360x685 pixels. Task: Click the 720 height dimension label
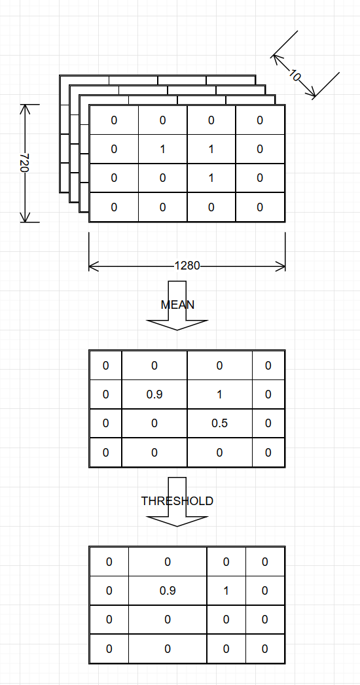tap(25, 163)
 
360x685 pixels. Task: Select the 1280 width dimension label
tap(187, 266)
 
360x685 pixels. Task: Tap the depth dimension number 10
tap(295, 75)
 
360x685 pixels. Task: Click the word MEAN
tap(177, 304)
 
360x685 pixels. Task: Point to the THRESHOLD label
tap(177, 501)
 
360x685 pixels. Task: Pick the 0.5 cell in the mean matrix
tap(219, 423)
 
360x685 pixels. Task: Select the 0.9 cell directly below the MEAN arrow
tap(154, 395)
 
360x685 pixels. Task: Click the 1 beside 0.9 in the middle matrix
tap(219, 395)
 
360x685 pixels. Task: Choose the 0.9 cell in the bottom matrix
tap(168, 591)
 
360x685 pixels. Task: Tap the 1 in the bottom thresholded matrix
tap(226, 591)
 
